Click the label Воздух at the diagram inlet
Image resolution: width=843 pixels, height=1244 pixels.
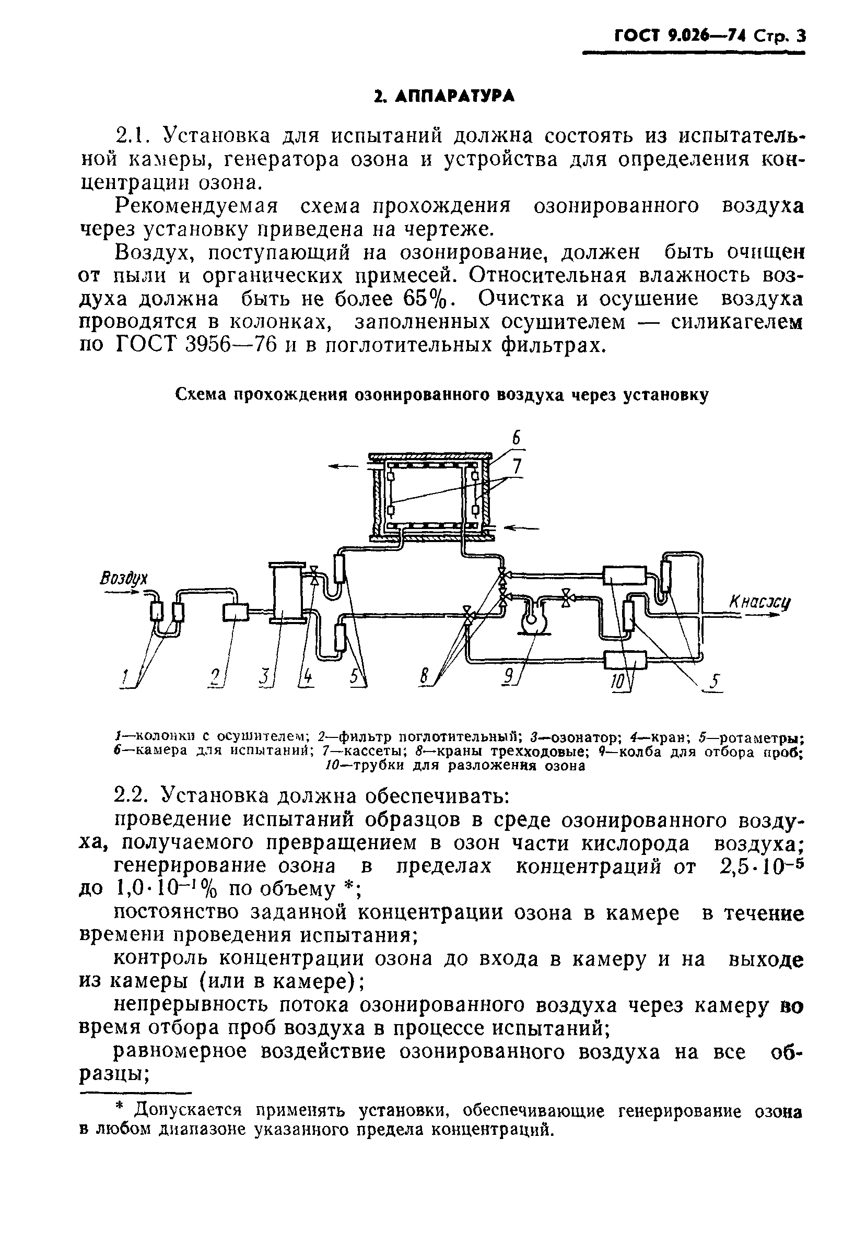point(124,579)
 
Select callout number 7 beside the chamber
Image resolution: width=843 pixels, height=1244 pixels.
point(517,467)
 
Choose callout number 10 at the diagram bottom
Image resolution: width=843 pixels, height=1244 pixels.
point(617,681)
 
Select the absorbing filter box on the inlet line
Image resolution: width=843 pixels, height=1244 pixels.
point(235,612)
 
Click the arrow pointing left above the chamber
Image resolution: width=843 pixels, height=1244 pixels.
point(343,466)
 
